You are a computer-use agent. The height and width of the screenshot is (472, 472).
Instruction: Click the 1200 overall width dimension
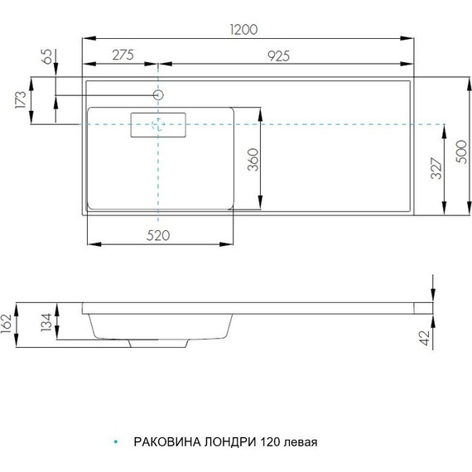click(x=243, y=30)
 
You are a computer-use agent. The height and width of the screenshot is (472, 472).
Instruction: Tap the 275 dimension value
click(x=123, y=55)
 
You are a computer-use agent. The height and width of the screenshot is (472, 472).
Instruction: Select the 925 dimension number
click(x=279, y=56)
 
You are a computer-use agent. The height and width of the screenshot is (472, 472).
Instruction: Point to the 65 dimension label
click(x=47, y=56)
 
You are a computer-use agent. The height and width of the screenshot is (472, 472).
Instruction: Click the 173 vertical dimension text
click(x=21, y=99)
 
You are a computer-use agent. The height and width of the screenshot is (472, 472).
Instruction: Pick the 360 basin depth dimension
click(x=253, y=160)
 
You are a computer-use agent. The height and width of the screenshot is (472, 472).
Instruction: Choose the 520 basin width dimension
click(x=158, y=235)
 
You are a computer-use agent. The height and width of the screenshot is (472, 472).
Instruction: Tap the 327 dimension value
click(x=436, y=168)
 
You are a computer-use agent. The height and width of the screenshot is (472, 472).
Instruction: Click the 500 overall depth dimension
click(x=461, y=152)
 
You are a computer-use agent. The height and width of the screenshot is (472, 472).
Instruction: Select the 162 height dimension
click(x=6, y=324)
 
